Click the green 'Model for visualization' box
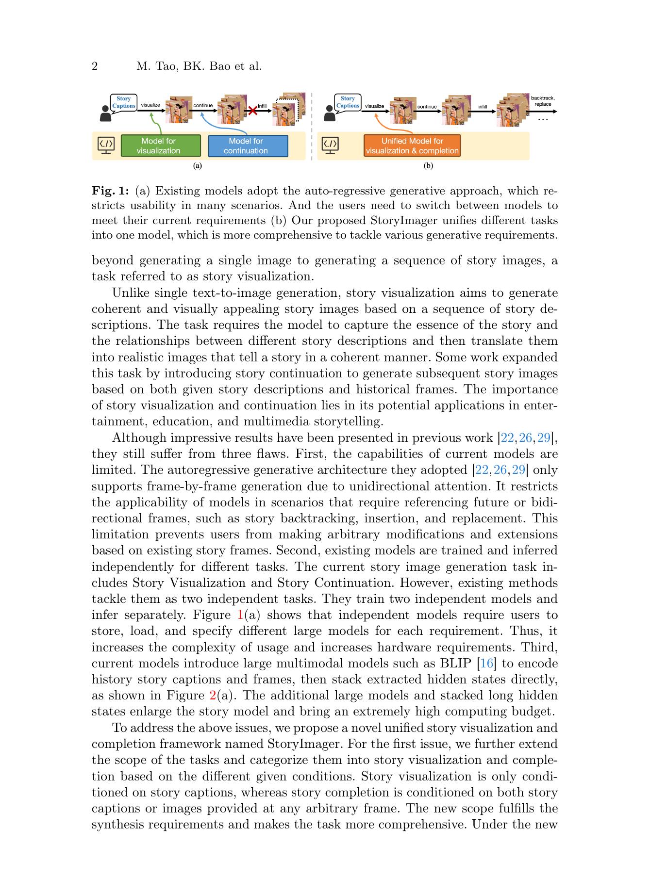(x=160, y=146)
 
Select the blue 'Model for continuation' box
(x=248, y=146)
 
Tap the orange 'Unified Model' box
(x=412, y=146)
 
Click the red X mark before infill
(x=252, y=111)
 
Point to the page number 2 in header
(x=95, y=66)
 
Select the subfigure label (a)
(x=197, y=166)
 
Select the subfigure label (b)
(x=428, y=166)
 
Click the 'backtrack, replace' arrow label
(x=543, y=101)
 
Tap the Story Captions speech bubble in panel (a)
(x=123, y=102)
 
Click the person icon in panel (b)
(x=330, y=113)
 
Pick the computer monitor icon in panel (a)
(x=106, y=145)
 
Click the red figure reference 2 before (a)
(x=213, y=696)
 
